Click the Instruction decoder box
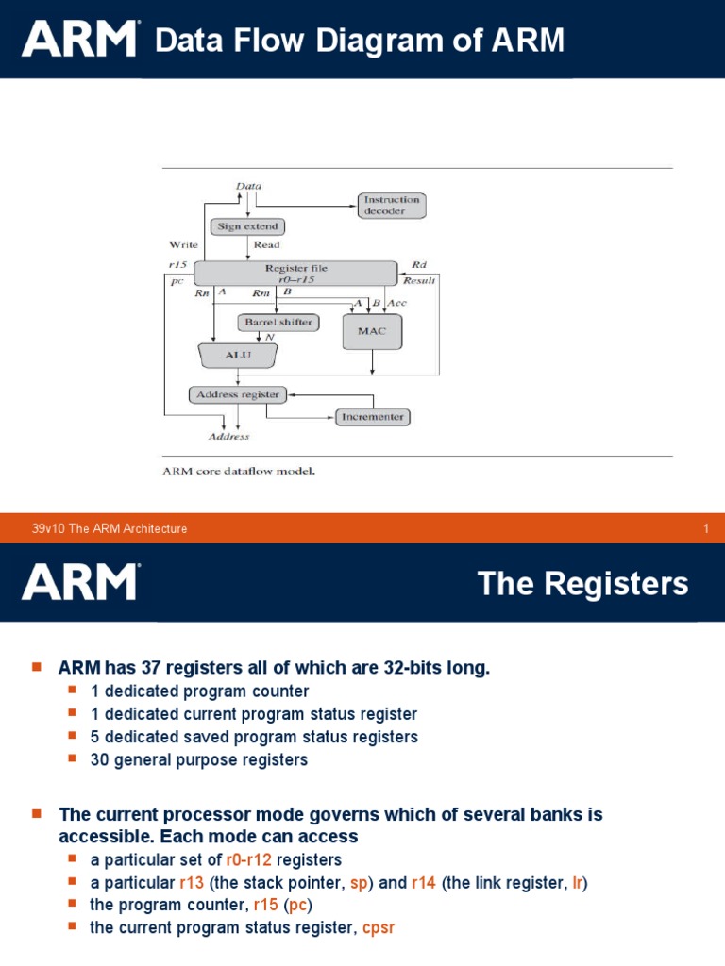[391, 205]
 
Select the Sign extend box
[247, 226]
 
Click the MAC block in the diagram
[372, 331]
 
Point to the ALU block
[238, 356]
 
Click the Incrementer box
[373, 416]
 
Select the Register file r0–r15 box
[295, 273]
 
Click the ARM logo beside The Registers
[80, 582]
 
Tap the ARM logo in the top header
[80, 40]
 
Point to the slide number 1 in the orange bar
[705, 528]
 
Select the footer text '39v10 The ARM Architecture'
[110, 528]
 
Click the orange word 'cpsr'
[379, 927]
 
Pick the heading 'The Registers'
[582, 584]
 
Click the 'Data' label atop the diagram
[248, 186]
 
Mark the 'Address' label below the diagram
[228, 437]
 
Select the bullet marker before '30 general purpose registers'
[74, 758]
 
